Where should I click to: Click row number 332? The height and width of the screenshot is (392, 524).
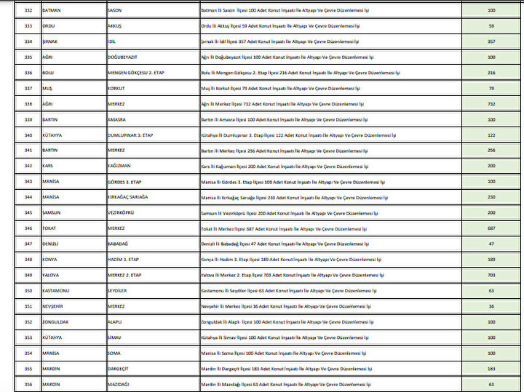click(28, 10)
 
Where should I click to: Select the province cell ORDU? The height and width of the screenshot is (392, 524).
click(49, 26)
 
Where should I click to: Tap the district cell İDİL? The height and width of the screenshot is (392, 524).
click(113, 41)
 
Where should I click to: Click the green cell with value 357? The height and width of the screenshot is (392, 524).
click(491, 41)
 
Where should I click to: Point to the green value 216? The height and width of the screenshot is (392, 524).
click(491, 73)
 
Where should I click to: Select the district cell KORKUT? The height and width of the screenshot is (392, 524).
click(116, 88)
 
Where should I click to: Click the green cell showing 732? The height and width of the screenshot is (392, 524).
click(491, 104)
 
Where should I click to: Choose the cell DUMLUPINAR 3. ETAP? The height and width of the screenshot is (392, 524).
click(132, 135)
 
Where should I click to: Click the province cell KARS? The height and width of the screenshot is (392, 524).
click(49, 166)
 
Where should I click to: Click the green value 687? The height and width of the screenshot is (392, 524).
click(491, 228)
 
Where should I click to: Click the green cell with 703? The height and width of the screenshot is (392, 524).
click(491, 275)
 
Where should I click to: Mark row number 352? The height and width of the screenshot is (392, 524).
click(28, 321)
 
